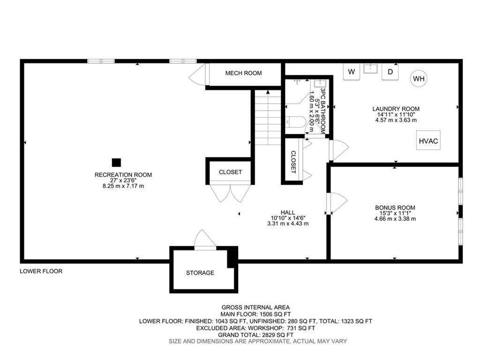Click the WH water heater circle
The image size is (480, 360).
click(x=419, y=79)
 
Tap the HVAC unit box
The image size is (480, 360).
click(x=428, y=141)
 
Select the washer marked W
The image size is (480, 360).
click(x=352, y=72)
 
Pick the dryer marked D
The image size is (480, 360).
click(x=390, y=72)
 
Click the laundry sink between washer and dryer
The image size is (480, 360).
click(x=371, y=68)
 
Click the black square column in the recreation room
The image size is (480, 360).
click(x=116, y=162)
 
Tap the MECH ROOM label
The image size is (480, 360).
click(x=243, y=73)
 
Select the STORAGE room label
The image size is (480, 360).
click(x=200, y=273)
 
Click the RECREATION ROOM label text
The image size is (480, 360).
click(x=123, y=175)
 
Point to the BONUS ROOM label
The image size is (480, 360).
click(x=395, y=208)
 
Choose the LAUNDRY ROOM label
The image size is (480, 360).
click(x=396, y=109)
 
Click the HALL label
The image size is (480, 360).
click(x=288, y=212)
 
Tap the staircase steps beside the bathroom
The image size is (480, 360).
click(x=268, y=118)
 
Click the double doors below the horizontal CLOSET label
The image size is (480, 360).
click(x=230, y=193)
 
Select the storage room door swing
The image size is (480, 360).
click(x=205, y=240)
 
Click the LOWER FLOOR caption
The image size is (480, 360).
click(x=41, y=271)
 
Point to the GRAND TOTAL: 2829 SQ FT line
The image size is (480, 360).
click(x=255, y=335)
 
